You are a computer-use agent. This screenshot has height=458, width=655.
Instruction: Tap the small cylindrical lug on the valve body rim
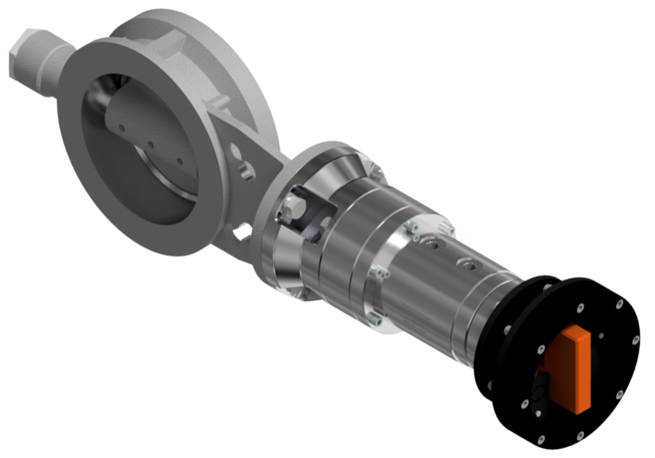220,100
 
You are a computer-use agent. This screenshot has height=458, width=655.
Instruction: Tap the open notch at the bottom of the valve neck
242,233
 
